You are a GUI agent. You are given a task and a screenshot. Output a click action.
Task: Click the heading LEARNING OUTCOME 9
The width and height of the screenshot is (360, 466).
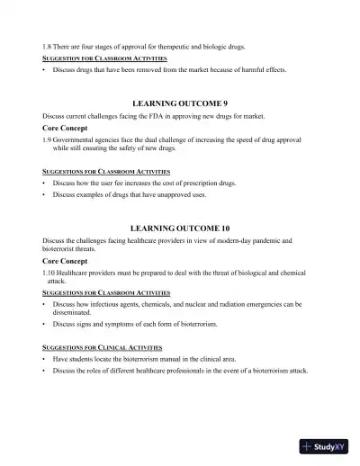(180, 104)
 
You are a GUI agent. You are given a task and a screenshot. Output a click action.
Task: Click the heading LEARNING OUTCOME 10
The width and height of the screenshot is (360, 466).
(180, 229)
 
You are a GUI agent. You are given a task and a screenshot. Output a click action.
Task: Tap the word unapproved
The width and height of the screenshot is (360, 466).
(177, 194)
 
